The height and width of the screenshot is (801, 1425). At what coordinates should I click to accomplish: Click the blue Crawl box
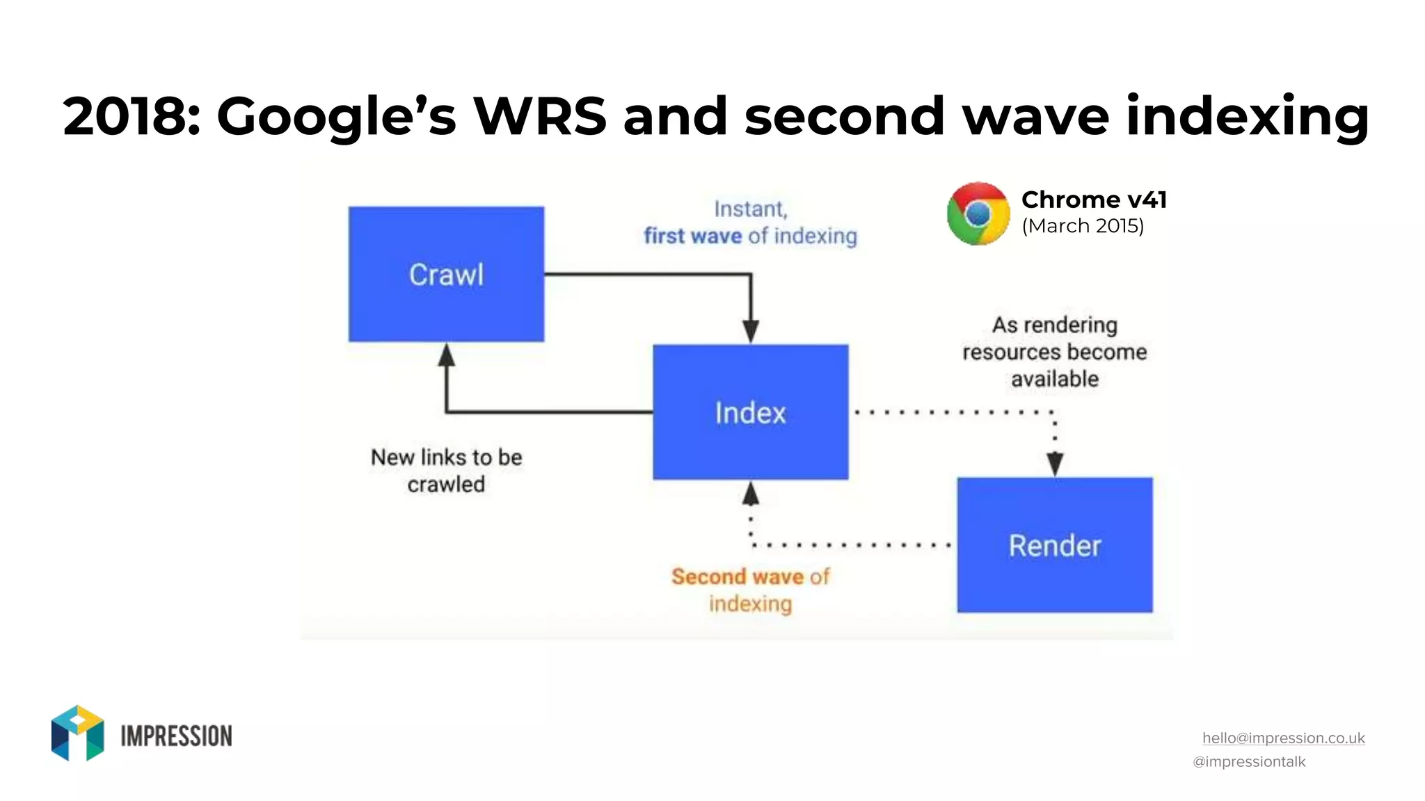coord(446,274)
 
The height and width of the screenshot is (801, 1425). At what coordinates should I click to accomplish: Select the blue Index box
coord(750,412)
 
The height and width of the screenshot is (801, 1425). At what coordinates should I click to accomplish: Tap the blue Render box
coord(1054,545)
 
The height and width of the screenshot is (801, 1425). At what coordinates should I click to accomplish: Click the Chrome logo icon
coord(978,213)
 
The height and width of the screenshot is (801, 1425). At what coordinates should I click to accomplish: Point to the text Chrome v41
coord(1093,200)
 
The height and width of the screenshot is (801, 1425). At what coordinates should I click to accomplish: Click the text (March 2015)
coord(1083,226)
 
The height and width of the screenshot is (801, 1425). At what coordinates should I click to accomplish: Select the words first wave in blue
coord(692,236)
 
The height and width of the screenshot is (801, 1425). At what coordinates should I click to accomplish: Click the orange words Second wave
coord(737,576)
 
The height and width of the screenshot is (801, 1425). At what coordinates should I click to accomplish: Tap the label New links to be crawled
coord(446,471)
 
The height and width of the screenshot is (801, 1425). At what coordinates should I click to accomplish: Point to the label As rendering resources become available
coord(1054,352)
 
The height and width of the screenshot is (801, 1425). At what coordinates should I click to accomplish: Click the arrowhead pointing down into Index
coord(750,331)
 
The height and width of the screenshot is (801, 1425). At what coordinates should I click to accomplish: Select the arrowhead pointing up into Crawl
coord(446,355)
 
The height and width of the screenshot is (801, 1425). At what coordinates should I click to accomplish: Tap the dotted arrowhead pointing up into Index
coord(750,494)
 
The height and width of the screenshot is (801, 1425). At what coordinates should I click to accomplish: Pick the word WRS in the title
coord(540,116)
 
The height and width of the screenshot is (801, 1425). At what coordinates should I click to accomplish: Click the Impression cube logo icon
coord(77,733)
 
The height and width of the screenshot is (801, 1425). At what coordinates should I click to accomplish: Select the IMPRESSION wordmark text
coord(176,736)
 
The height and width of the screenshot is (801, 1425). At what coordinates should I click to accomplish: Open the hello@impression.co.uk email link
coord(1283,738)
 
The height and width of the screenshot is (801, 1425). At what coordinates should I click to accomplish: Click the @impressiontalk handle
coord(1249,762)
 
